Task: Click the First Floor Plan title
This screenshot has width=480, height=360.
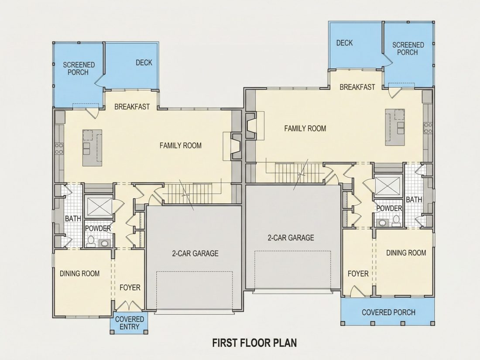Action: click(x=254, y=343)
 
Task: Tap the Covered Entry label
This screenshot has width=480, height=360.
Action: click(x=130, y=323)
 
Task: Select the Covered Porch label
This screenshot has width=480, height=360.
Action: click(x=388, y=312)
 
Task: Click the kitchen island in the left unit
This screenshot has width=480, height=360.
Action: click(x=92, y=148)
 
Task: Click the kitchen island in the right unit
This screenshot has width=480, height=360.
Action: click(x=395, y=127)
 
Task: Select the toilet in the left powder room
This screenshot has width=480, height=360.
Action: click(x=91, y=241)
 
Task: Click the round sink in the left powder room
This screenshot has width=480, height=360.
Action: click(x=105, y=243)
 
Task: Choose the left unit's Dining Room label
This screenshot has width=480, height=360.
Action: click(x=79, y=273)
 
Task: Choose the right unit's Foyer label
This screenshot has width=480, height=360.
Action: click(x=358, y=273)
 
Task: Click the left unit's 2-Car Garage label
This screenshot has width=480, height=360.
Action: click(x=195, y=253)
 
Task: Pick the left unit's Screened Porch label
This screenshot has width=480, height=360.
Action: click(x=79, y=69)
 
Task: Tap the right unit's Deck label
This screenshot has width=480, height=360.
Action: click(x=344, y=43)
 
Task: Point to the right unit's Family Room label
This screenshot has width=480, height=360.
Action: click(x=305, y=128)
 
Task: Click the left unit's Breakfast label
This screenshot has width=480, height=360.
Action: click(x=132, y=106)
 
